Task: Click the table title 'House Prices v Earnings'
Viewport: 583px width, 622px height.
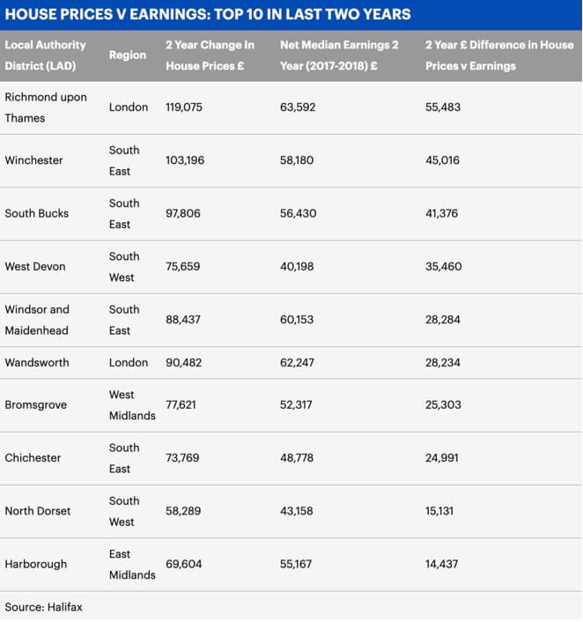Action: click(207, 14)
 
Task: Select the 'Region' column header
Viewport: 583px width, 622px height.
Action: click(128, 55)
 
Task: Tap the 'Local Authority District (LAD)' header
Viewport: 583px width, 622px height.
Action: click(46, 55)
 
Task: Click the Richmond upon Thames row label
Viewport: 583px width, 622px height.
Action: click(46, 107)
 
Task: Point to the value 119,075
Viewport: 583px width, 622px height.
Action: click(184, 107)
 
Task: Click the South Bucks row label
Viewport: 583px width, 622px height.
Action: click(36, 213)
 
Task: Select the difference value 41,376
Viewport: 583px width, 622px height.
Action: click(443, 213)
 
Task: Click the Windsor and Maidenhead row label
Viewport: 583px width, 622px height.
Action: click(37, 320)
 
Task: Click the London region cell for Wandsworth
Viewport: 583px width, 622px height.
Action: click(129, 362)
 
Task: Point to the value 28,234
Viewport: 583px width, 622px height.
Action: click(443, 362)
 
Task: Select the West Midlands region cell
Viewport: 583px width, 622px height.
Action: click(132, 405)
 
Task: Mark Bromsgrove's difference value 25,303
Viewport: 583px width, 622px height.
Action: click(443, 405)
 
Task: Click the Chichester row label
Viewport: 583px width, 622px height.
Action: click(33, 458)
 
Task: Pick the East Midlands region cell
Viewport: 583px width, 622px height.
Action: click(132, 564)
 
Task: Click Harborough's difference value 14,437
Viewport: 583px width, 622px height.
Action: click(441, 564)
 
